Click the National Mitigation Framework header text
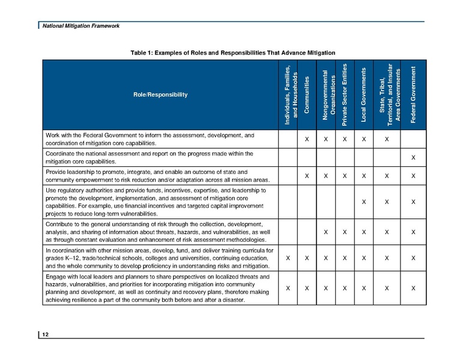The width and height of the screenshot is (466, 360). (x=76, y=26)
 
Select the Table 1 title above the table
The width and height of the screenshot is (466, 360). (x=232, y=53)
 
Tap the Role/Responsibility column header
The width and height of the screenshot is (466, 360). (x=160, y=95)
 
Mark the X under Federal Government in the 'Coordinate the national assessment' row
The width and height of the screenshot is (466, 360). (x=413, y=158)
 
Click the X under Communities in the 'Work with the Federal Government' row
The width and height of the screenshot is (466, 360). (x=307, y=140)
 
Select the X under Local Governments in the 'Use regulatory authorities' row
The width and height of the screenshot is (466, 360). (x=364, y=202)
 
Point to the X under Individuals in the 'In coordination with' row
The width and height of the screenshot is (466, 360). (x=288, y=258)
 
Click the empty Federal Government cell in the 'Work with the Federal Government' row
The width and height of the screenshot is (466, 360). (x=413, y=140)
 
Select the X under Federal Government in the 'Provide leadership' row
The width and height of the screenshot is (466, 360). (x=413, y=176)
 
